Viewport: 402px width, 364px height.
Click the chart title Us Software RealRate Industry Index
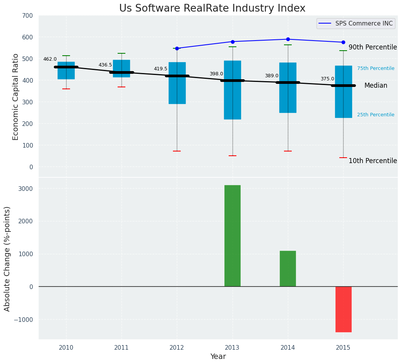point(212,9)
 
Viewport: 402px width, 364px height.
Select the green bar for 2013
point(232,236)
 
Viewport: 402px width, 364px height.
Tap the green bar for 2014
point(287,269)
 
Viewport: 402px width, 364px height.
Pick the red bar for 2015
point(343,309)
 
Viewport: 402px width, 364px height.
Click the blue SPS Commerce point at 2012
point(177,48)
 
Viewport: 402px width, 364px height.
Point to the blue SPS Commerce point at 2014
point(288,39)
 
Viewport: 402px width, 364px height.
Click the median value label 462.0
point(50,59)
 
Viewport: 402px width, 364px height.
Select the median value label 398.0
point(216,74)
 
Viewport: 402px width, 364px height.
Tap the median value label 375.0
point(327,79)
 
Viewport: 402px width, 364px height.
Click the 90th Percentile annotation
point(373,47)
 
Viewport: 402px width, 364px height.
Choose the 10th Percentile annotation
point(373,161)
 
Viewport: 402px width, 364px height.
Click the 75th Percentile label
point(376,68)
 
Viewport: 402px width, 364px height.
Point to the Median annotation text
point(376,86)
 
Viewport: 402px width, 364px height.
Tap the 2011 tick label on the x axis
point(121,348)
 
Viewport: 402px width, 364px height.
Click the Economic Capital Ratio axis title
point(16,97)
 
